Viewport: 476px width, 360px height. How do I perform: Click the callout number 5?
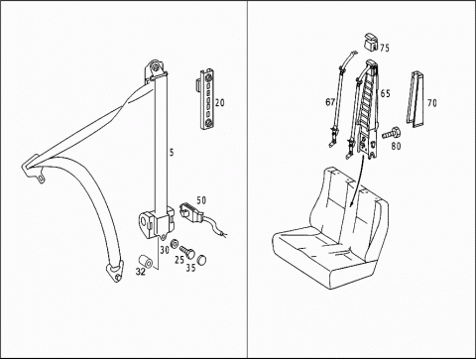pyautogui.click(x=172, y=153)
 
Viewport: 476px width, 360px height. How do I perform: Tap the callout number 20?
pyautogui.click(x=219, y=103)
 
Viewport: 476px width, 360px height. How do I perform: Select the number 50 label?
pyautogui.click(x=201, y=200)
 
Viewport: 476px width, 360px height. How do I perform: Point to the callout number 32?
pyautogui.click(x=141, y=272)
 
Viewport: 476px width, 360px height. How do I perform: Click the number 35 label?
pyautogui.click(x=190, y=268)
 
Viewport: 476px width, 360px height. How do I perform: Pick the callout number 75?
pyautogui.click(x=385, y=48)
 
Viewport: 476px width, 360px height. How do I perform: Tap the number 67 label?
pyautogui.click(x=330, y=102)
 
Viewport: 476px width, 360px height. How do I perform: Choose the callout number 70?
pyautogui.click(x=431, y=103)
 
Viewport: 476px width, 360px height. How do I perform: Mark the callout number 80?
pyautogui.click(x=396, y=146)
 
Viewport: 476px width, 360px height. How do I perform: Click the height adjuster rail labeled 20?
pyautogui.click(x=206, y=99)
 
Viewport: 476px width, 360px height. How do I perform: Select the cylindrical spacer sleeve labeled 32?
pyautogui.click(x=145, y=262)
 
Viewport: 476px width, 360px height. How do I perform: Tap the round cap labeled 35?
pyautogui.click(x=201, y=260)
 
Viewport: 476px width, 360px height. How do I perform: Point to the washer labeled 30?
pyautogui.click(x=174, y=244)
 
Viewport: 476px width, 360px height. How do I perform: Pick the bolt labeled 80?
pyautogui.click(x=392, y=133)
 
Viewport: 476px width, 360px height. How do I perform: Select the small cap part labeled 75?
pyautogui.click(x=372, y=42)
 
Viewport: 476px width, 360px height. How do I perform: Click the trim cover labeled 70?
pyautogui.click(x=415, y=99)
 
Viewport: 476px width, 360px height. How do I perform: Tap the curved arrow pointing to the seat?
pyautogui.click(x=357, y=181)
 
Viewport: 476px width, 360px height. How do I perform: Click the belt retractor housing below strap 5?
pyautogui.click(x=157, y=222)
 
